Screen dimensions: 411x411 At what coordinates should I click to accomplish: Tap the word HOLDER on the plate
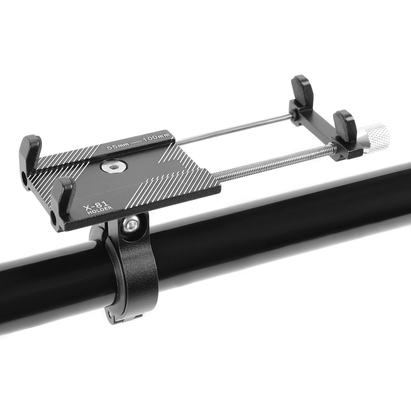point(100,210)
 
